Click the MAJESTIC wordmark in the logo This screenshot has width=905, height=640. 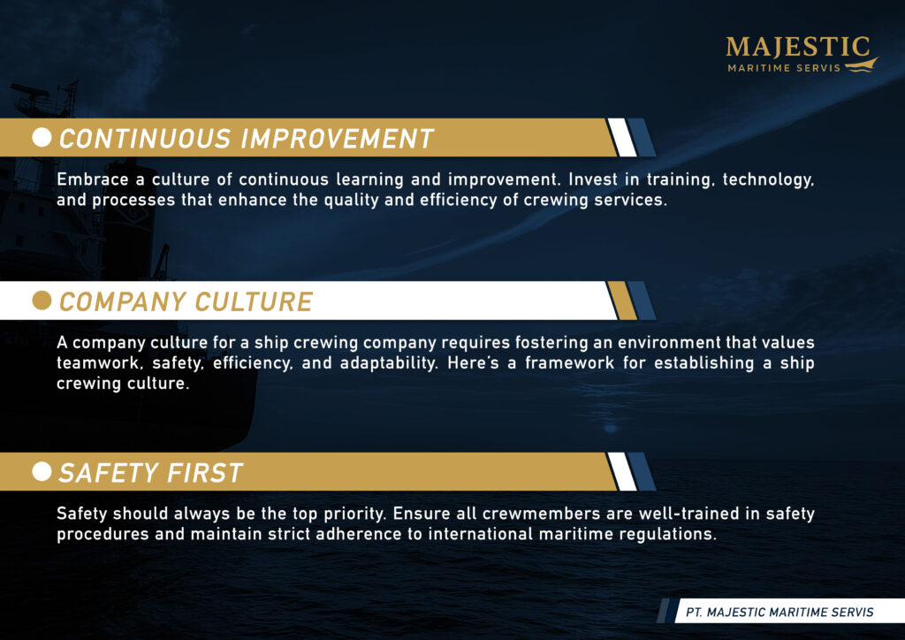[798, 46]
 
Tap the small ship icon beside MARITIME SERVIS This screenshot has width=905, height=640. [861, 65]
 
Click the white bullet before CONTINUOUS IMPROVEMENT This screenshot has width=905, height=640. [42, 137]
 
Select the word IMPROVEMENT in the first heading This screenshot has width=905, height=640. [337, 139]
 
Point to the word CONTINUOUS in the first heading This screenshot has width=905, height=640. [145, 139]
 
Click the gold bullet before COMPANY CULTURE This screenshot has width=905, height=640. [42, 300]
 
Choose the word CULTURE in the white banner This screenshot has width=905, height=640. [254, 301]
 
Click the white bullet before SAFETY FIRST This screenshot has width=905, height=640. [42, 471]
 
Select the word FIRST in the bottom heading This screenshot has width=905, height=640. [205, 473]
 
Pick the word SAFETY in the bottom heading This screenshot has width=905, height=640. [109, 473]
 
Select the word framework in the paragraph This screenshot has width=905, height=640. [569, 363]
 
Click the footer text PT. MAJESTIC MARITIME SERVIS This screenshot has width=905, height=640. [780, 613]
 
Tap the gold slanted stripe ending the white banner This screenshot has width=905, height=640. [622, 300]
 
